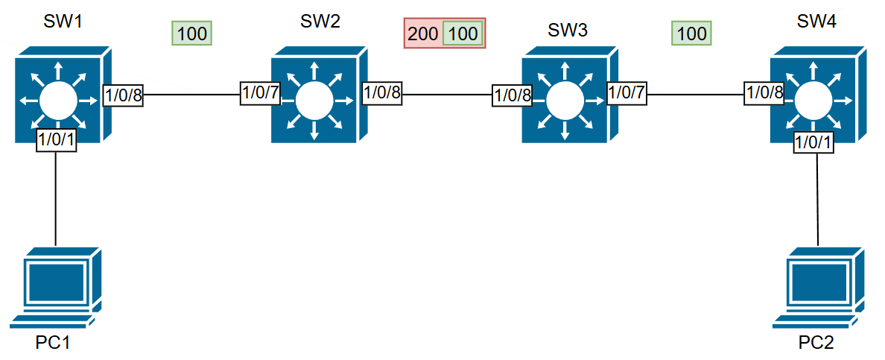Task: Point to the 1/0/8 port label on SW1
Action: [122, 95]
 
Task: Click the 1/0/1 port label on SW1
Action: [57, 139]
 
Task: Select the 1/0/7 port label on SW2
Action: [259, 92]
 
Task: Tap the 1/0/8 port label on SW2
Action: [382, 92]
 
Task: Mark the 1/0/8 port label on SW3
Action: [513, 95]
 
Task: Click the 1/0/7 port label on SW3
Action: [627, 92]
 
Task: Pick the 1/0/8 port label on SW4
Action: [764, 92]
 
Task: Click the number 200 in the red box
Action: [423, 34]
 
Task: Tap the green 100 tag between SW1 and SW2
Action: [191, 34]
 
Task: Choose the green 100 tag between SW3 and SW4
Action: [691, 34]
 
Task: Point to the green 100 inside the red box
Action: [463, 34]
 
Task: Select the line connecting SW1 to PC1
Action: [57, 198]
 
